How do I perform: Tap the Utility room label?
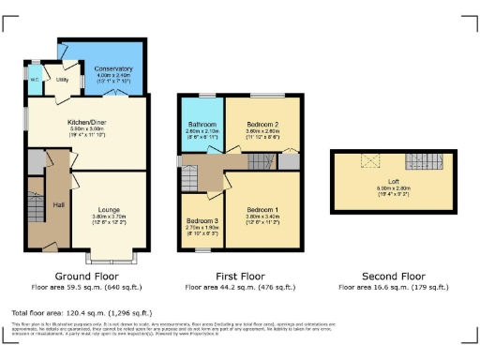62,81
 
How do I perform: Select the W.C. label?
34,77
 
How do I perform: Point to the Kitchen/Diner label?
85,123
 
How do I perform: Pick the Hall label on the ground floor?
58,204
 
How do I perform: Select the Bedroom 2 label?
263,123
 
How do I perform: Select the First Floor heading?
240,277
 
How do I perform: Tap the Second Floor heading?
393,277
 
